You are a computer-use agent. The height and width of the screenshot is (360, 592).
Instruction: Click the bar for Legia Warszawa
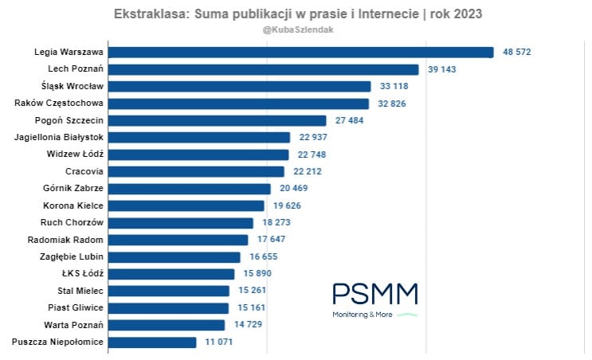coord(301,52)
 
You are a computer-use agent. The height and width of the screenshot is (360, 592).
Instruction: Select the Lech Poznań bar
coord(264,69)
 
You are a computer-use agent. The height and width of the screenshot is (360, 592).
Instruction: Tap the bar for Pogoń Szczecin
coord(218,120)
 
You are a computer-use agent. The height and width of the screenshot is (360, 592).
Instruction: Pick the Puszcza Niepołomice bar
coord(152,342)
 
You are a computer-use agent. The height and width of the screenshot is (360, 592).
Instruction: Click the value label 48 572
coord(516,52)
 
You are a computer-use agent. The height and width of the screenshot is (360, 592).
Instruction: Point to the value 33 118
coord(394,86)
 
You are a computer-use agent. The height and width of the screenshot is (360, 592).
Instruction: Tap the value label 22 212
coord(307,171)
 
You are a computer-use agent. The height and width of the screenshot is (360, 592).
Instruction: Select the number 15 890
coord(257,273)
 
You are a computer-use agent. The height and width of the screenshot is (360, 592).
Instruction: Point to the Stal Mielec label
coord(81,290)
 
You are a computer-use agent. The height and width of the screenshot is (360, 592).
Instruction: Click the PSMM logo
coord(374,294)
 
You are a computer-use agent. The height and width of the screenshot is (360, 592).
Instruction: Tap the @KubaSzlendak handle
coord(297,29)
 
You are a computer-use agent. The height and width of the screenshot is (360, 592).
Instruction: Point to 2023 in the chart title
coord(465,14)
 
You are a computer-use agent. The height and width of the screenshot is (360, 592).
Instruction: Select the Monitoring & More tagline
coord(363,315)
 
